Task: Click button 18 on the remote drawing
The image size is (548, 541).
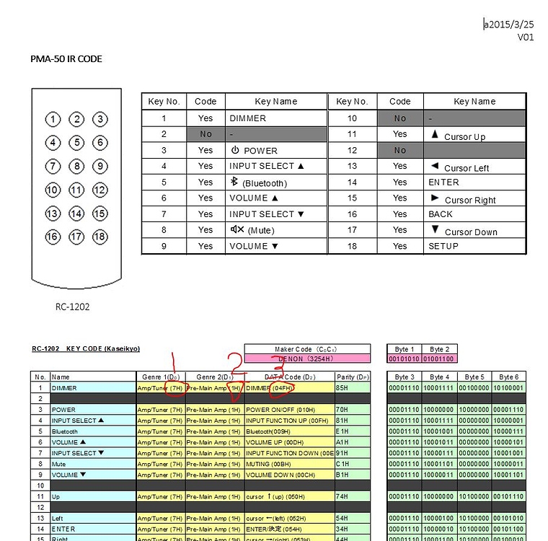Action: (100, 236)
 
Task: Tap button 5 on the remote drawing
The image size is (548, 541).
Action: (76, 143)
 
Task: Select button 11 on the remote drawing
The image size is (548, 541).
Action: (76, 190)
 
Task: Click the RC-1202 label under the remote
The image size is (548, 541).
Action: (72, 307)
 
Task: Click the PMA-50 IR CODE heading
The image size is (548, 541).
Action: (66, 59)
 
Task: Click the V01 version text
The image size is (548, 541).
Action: (525, 37)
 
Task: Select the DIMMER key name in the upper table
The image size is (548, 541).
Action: (247, 118)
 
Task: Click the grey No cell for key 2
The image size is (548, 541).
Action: (206, 134)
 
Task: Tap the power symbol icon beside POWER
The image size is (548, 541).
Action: (235, 150)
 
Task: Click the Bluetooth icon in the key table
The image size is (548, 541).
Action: (234, 182)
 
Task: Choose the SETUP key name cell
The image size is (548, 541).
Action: (443, 246)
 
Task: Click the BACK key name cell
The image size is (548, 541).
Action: (441, 214)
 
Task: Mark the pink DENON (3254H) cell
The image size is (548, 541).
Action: (307, 359)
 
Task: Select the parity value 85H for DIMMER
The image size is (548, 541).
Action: (343, 388)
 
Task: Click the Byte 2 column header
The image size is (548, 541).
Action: (437, 349)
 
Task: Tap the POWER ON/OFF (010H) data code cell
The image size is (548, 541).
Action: (280, 410)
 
